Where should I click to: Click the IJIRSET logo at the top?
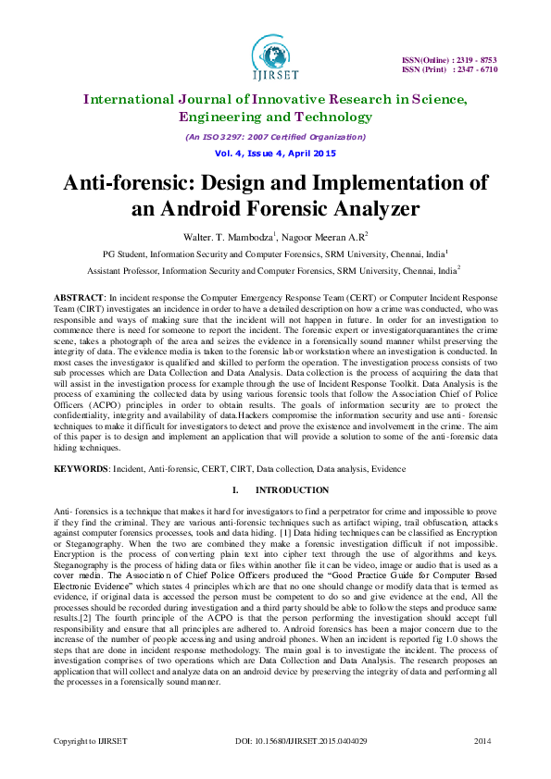(274, 60)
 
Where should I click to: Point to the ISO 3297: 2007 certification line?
(274, 136)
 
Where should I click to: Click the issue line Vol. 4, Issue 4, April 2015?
(274, 152)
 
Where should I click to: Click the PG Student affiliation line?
(274, 253)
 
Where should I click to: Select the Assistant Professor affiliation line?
(274, 272)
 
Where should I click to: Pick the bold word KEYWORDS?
(81, 470)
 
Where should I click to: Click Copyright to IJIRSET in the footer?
(90, 742)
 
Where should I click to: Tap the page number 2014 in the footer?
(482, 742)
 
